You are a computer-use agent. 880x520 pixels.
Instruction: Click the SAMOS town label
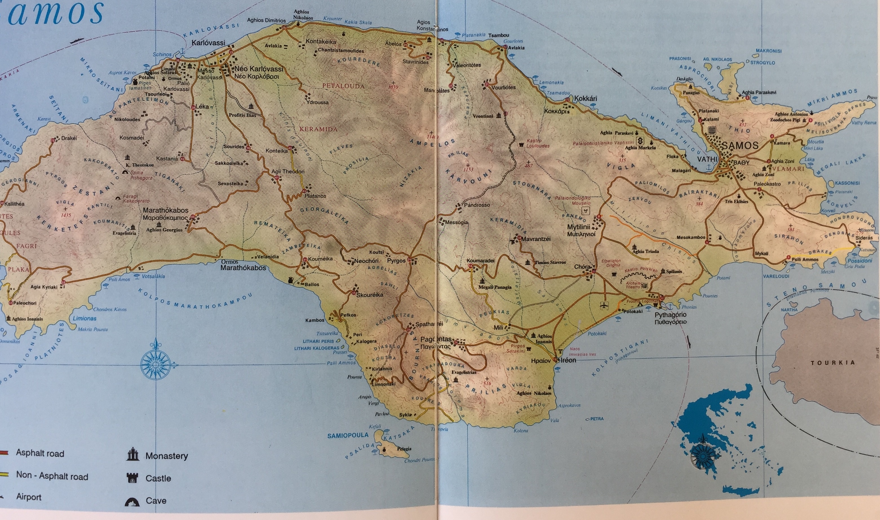pos(739,145)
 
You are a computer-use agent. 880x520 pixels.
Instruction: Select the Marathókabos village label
pos(166,210)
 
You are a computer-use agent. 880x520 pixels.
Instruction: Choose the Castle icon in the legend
pos(132,478)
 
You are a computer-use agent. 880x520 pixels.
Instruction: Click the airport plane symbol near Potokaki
pos(603,305)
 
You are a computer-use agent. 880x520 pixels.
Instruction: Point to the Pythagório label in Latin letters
pos(671,315)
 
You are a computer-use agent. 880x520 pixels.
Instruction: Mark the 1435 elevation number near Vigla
pos(65,215)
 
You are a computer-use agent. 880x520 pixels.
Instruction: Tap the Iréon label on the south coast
pos(568,360)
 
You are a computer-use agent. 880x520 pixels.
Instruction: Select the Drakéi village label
pos(69,138)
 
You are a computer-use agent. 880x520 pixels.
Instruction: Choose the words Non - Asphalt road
pos(52,476)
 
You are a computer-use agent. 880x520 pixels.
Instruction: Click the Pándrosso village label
pos(477,205)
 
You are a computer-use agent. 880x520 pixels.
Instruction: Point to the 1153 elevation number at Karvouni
pos(468,170)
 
